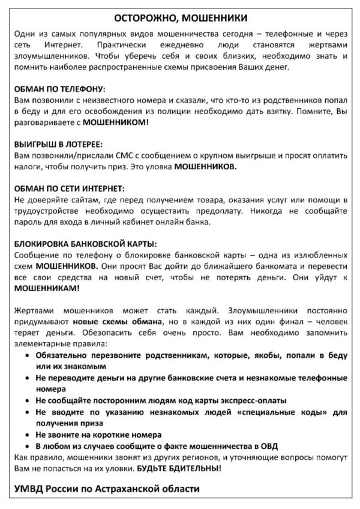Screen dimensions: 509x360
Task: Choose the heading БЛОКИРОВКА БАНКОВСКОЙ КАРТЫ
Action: pyautogui.click(x=85, y=244)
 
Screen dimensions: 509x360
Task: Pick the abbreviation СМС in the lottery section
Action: pyautogui.click(x=105, y=156)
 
